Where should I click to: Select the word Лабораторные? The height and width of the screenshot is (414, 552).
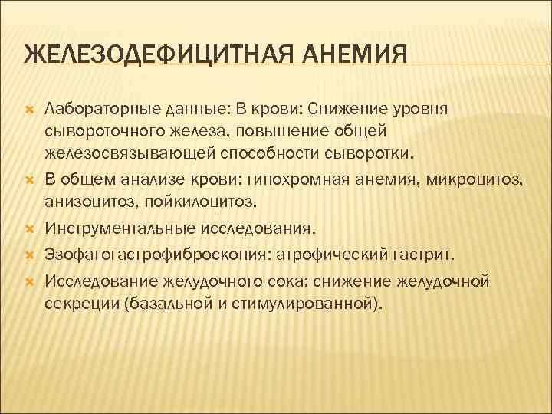pos(93,109)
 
